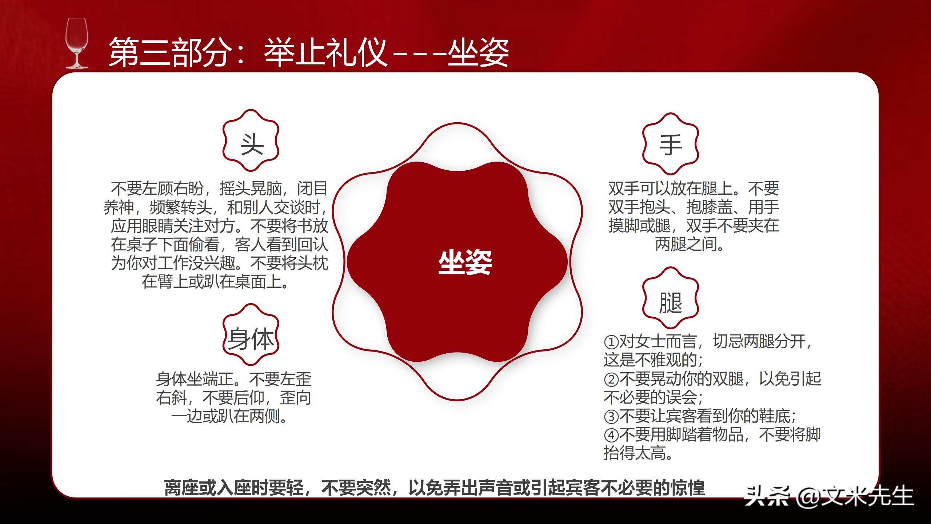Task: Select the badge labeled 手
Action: pyautogui.click(x=671, y=144)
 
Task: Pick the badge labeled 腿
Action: pyautogui.click(x=671, y=302)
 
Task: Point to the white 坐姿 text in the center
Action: pyautogui.click(x=465, y=263)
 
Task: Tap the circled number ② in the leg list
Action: pyautogui.click(x=611, y=380)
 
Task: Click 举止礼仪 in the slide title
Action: pyautogui.click(x=325, y=53)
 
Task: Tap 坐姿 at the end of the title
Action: pyautogui.click(x=478, y=53)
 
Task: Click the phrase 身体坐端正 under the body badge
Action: pyautogui.click(x=195, y=379)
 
